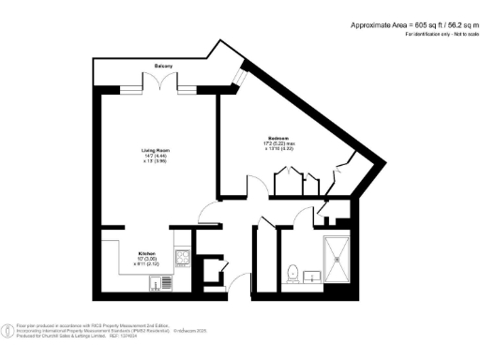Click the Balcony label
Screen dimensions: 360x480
click(x=164, y=66)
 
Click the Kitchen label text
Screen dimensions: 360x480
click(x=147, y=254)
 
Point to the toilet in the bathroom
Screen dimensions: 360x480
click(x=292, y=273)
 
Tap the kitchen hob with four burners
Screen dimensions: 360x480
click(x=183, y=258)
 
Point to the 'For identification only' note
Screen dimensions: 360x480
click(x=439, y=35)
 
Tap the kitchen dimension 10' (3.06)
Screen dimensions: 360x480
click(x=147, y=260)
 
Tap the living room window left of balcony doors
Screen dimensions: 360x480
click(x=134, y=89)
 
